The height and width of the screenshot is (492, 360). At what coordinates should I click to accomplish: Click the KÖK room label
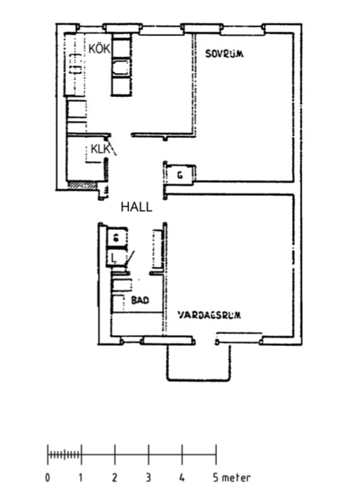[x=99, y=49]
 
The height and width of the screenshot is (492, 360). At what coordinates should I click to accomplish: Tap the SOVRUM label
[x=225, y=54]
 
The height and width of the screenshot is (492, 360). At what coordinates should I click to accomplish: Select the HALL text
[x=137, y=207]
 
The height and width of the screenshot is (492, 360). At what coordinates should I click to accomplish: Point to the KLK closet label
[x=101, y=149]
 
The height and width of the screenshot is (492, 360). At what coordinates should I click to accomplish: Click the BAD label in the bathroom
[x=140, y=300]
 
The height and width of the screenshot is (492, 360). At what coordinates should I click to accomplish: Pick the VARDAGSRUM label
[x=210, y=315]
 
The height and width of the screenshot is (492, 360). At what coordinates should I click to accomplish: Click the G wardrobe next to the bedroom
[x=180, y=175]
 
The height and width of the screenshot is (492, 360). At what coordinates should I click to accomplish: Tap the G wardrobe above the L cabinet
[x=116, y=238]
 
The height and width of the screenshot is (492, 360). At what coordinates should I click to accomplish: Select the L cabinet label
[x=114, y=258]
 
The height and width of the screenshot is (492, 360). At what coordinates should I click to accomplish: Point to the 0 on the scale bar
[x=47, y=478]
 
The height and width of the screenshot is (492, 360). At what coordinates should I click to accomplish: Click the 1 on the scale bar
[x=81, y=478]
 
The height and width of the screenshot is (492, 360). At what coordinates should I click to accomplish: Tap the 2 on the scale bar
[x=115, y=478]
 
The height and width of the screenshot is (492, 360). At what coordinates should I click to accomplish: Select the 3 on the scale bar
[x=149, y=478]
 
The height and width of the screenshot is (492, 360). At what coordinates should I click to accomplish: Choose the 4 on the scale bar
[x=182, y=478]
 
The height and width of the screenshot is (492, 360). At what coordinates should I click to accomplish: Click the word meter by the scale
[x=237, y=478]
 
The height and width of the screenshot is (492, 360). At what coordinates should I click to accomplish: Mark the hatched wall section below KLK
[x=83, y=185]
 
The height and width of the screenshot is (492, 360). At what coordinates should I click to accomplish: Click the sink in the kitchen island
[x=121, y=67]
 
